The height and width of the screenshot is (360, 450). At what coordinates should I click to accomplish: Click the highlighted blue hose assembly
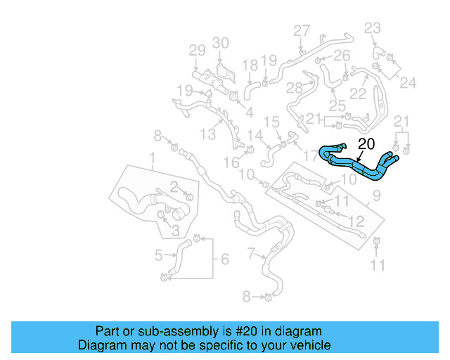pos(359,166)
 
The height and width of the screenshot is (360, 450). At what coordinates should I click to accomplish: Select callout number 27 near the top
pos(302,31)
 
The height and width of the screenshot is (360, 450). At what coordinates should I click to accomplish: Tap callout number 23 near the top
pos(373,28)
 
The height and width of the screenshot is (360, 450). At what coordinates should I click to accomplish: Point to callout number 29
pos(197,51)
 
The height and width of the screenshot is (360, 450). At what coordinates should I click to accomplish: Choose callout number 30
pos(221,43)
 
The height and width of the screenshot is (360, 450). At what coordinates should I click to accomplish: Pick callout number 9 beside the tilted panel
pos(376,195)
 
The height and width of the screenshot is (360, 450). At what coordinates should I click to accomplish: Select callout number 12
pos(356,221)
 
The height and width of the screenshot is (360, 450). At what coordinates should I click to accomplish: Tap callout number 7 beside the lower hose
pos(252,252)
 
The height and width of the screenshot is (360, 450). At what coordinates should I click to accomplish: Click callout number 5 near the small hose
pos(159,255)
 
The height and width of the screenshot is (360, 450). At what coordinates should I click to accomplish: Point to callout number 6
pos(224,259)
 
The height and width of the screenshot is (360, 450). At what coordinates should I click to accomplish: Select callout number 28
pos(294,88)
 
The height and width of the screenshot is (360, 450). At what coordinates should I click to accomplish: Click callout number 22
pos(359,94)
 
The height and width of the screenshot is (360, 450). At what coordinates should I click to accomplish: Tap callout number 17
pos(310,154)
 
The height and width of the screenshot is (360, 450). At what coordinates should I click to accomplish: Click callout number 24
pos(409,82)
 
